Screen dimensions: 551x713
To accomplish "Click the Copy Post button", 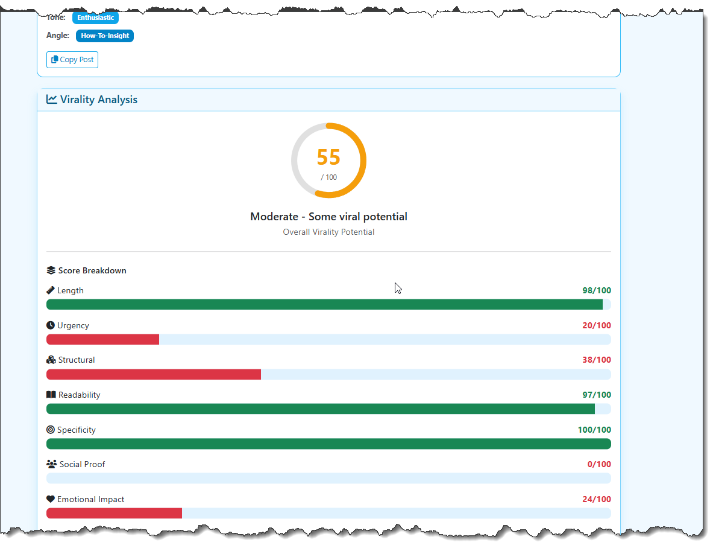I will click(72, 60).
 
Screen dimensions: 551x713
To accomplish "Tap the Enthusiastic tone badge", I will click(95, 18).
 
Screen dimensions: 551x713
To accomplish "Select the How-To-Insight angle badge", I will click(105, 36).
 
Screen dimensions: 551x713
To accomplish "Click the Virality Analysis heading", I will click(98, 100).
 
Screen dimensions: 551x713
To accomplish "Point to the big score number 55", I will click(328, 157).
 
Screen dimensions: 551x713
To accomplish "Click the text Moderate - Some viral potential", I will click(328, 216).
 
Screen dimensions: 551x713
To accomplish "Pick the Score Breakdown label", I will click(92, 270).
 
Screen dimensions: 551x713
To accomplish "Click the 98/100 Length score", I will click(596, 290).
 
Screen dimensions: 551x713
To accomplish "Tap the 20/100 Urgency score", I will click(596, 325).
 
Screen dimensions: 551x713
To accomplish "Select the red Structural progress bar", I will click(154, 374).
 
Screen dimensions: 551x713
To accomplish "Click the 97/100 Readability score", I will click(596, 395).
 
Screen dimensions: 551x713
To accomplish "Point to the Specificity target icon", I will click(51, 430).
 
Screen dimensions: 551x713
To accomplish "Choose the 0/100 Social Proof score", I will click(598, 464).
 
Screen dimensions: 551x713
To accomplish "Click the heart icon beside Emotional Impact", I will click(51, 499).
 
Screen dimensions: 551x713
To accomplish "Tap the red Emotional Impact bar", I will click(114, 513).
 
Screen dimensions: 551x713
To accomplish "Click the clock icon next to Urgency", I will click(51, 325).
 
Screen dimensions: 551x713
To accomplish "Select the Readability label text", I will click(79, 395).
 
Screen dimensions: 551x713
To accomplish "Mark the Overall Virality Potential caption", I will click(328, 232).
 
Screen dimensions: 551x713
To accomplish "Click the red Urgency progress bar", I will click(102, 339).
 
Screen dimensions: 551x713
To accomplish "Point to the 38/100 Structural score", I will click(596, 360).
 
